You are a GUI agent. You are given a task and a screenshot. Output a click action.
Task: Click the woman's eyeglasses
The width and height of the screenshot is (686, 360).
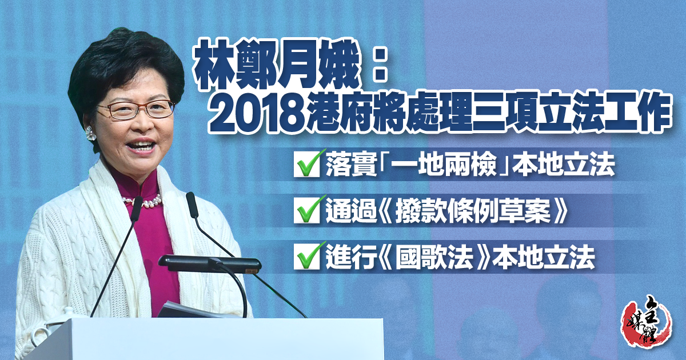tap(136, 109)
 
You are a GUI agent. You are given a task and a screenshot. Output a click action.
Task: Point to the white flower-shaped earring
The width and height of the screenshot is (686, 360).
tap(90, 133)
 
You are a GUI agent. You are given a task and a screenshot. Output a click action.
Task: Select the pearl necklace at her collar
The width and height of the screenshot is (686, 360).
tap(142, 200)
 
